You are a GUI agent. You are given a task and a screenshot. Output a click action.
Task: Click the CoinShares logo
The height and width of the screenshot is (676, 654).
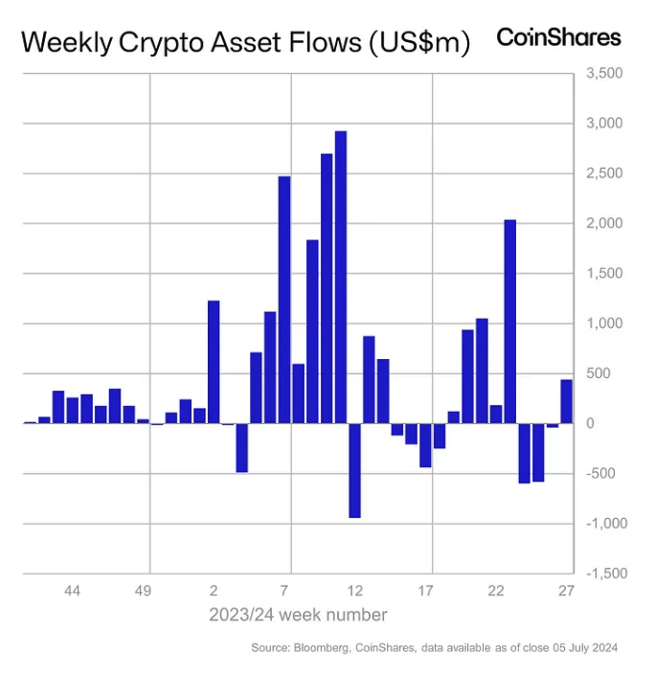click(x=558, y=37)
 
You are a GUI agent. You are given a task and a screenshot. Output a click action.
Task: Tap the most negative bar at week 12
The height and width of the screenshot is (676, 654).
click(x=354, y=470)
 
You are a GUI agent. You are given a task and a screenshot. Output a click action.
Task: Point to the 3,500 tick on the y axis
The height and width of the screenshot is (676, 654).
click(x=603, y=74)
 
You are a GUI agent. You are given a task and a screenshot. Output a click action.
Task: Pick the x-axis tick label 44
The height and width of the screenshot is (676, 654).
click(x=72, y=591)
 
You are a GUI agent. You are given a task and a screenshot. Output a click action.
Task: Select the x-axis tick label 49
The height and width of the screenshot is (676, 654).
click(x=143, y=591)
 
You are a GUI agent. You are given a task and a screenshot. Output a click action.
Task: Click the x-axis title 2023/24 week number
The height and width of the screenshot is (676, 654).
click(x=298, y=615)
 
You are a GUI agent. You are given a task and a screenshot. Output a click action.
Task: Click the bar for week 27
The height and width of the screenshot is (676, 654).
click(x=566, y=401)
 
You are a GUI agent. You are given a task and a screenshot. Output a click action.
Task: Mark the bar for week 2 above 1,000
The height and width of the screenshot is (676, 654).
click(x=214, y=361)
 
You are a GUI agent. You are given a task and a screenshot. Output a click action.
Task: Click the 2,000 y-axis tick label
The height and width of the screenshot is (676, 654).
click(x=603, y=224)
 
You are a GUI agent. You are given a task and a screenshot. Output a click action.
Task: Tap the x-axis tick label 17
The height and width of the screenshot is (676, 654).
click(x=426, y=591)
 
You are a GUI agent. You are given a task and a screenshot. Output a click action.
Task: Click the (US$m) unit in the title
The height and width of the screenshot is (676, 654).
click(x=418, y=43)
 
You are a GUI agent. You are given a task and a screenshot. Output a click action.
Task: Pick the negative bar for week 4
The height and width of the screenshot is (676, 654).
click(x=242, y=447)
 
